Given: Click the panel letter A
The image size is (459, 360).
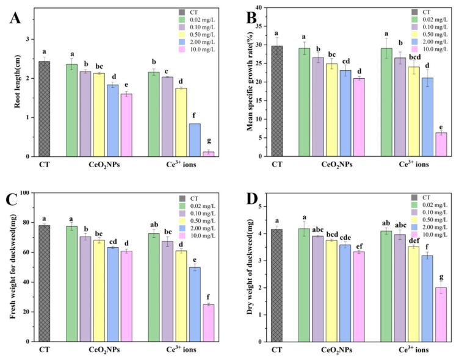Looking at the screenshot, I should (x=16, y=16).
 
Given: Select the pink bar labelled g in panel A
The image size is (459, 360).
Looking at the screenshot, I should (x=209, y=154).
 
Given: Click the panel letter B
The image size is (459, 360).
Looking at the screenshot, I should (x=250, y=16).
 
